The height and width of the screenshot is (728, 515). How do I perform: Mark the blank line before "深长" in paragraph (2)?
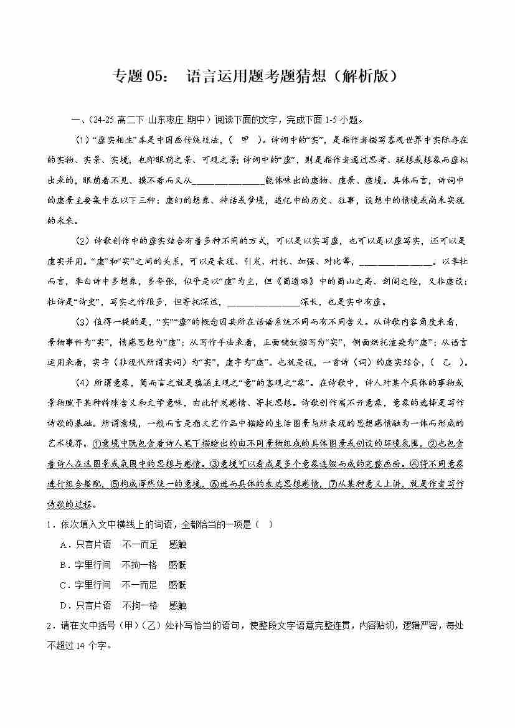point(264,302)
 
